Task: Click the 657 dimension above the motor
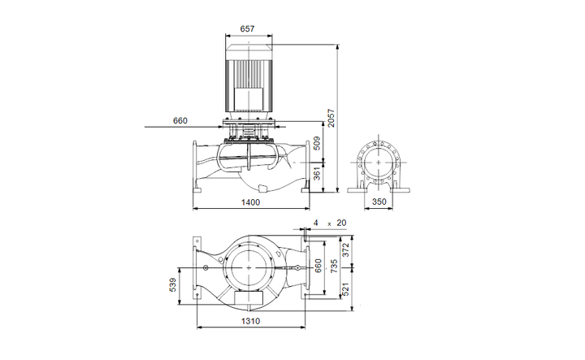(248, 28)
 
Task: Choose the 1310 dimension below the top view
(250, 322)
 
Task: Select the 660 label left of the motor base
(180, 121)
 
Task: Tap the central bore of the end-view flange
(378, 160)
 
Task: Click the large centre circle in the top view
(250, 267)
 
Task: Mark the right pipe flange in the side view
(307, 167)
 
